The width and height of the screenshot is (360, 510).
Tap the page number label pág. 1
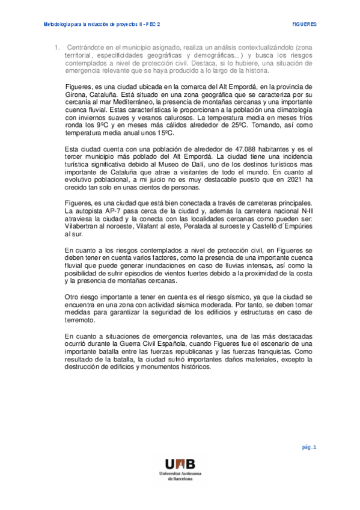click(310, 447)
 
